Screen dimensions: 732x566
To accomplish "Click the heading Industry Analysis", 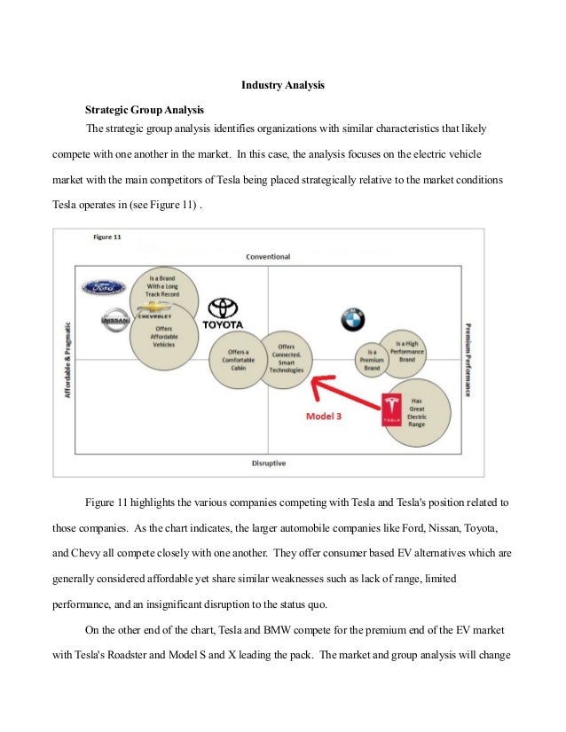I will tap(283, 86).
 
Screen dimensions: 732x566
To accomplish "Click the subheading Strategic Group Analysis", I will tap(144, 110).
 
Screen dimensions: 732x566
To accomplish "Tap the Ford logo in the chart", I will tap(104, 287).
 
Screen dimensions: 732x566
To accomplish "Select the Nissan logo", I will tap(114, 321).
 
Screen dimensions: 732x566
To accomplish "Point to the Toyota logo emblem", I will tap(224, 308).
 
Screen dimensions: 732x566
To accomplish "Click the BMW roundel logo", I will tap(352, 321).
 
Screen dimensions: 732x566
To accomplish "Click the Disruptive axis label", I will tap(268, 463).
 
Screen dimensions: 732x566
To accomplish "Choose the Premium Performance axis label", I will tap(468, 359).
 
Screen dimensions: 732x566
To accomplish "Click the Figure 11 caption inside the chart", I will tap(107, 237).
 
